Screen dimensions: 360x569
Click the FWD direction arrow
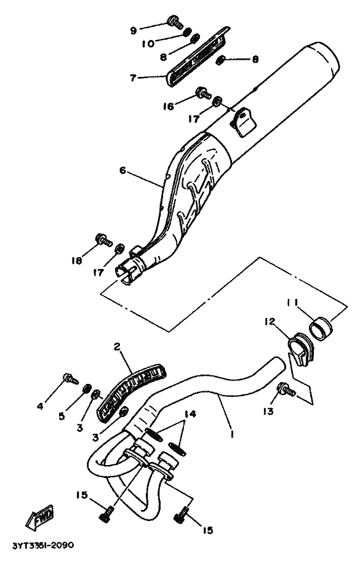click(x=39, y=516)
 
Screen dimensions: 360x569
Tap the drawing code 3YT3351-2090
click(x=43, y=546)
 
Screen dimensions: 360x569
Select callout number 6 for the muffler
click(x=122, y=170)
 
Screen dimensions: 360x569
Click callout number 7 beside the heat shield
click(x=133, y=78)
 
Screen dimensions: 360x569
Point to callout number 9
click(x=133, y=31)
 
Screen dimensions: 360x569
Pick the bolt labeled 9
click(x=175, y=22)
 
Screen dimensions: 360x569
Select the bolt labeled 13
click(x=286, y=390)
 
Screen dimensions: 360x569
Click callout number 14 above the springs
click(x=190, y=414)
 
